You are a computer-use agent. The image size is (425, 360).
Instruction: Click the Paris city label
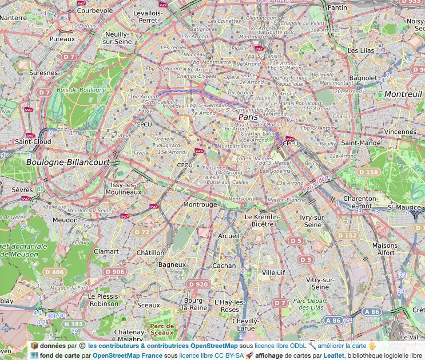(x=248, y=117)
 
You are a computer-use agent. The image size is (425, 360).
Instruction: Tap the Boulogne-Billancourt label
(x=67, y=163)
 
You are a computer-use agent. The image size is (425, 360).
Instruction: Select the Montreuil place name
(x=403, y=94)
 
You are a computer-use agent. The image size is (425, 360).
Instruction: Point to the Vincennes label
(x=400, y=132)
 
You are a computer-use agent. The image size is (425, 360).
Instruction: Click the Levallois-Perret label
(x=149, y=16)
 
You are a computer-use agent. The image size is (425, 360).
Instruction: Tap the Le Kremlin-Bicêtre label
(x=262, y=221)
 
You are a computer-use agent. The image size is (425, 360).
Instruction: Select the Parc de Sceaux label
(x=162, y=329)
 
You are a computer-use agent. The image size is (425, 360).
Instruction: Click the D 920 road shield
(x=198, y=284)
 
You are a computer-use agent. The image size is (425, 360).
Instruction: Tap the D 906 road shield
(x=115, y=271)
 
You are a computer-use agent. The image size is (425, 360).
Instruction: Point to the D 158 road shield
(x=368, y=172)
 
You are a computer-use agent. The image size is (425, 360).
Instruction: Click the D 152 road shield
(x=347, y=235)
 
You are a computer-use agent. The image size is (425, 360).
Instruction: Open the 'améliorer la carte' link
(x=342, y=346)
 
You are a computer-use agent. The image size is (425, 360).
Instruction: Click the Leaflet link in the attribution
(x=334, y=355)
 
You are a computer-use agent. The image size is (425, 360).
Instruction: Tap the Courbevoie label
(x=94, y=10)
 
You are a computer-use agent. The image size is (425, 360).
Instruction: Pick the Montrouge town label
(x=200, y=204)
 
